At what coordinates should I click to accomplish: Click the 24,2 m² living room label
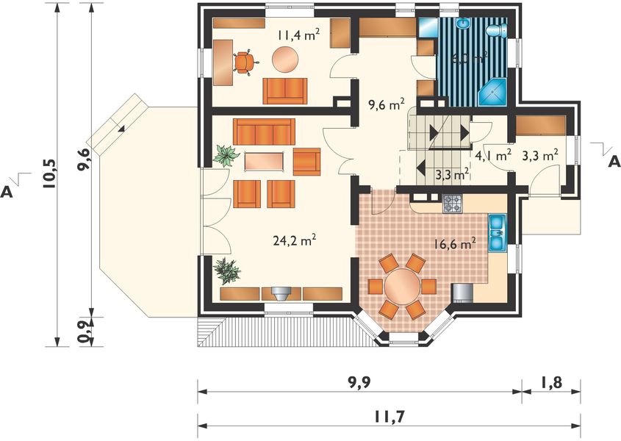[294, 240]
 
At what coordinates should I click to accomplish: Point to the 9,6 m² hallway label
[386, 104]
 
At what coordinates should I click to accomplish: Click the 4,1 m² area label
[492, 155]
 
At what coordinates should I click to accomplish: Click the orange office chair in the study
[245, 62]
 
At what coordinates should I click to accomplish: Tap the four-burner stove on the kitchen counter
[453, 204]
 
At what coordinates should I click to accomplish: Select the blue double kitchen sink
[496, 233]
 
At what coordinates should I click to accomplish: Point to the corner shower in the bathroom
[492, 93]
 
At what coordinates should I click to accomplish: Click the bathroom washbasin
[462, 24]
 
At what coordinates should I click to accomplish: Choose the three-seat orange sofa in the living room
[264, 132]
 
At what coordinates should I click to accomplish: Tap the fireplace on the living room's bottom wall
[281, 293]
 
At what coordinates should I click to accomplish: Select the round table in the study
[286, 59]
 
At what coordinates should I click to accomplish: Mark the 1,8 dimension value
[550, 382]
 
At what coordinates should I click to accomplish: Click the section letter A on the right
[613, 161]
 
